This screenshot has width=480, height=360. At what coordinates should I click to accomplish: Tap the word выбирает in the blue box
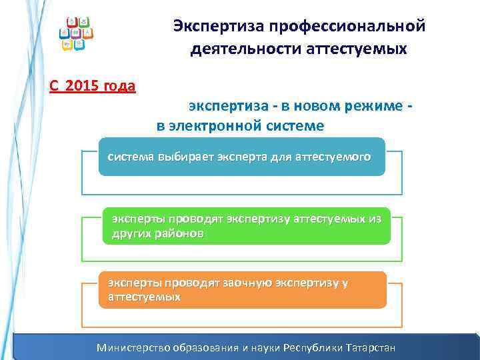[182, 157]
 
